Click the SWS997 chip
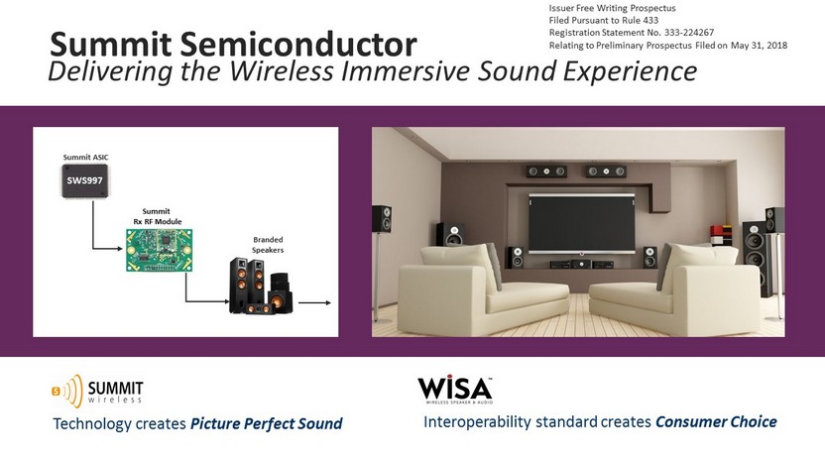(84, 180)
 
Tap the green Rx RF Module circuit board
(159, 250)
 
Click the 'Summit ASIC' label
(85, 157)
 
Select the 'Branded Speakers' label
(268, 245)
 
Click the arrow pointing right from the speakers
(314, 302)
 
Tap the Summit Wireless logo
(97, 391)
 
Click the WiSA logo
(455, 390)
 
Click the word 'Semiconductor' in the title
(298, 45)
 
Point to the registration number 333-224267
(689, 33)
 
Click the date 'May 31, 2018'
(759, 46)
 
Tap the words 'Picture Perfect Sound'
(266, 423)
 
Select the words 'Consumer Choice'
(716, 421)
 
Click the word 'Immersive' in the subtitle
(406, 71)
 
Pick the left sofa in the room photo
(482, 289)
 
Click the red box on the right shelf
(715, 232)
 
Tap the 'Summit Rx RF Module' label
(157, 216)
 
